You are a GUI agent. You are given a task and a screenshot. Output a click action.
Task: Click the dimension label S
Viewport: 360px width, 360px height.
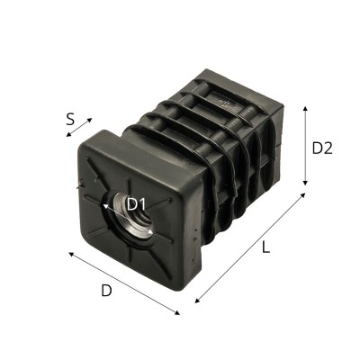tap(71, 117)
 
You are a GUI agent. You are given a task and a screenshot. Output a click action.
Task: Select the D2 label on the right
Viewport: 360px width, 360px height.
tap(322, 148)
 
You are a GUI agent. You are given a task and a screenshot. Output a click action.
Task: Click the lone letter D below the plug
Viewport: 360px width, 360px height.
tap(105, 291)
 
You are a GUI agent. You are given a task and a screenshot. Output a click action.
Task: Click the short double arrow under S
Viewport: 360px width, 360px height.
tap(78, 128)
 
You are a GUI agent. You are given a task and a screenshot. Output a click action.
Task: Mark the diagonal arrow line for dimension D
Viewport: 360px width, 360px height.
tap(125, 283)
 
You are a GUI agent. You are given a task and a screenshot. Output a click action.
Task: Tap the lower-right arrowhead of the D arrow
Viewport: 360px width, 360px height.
tap(179, 313)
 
